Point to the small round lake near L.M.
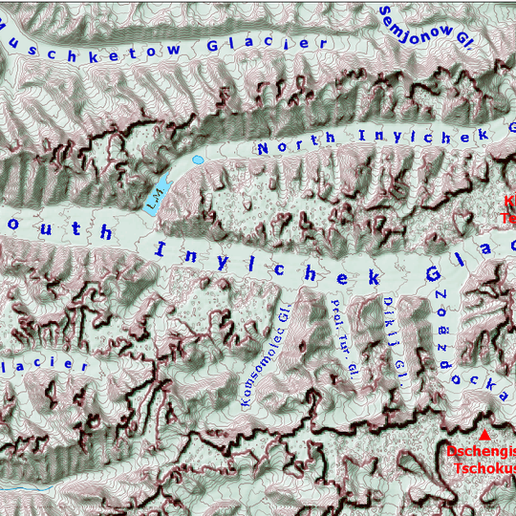[198, 160]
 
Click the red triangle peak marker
[482, 435]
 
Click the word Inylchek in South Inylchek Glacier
[268, 262]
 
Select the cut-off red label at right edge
[508, 209]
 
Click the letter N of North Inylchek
[265, 148]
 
